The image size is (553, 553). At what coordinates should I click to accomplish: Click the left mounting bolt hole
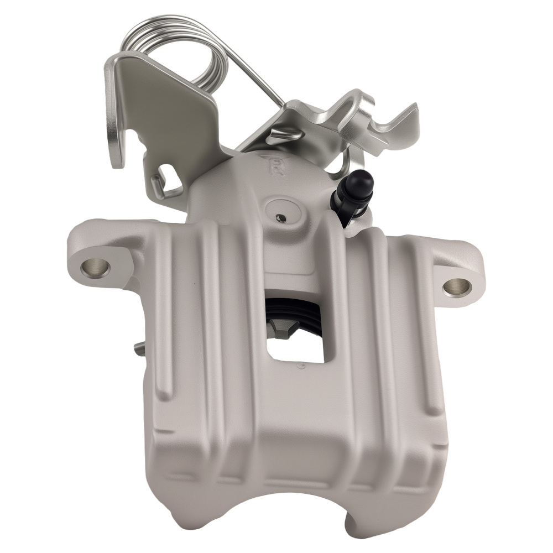pos(95,267)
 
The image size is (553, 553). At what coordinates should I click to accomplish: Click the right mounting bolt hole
pos(457,286)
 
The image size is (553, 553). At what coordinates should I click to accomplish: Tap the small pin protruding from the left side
pos(138,348)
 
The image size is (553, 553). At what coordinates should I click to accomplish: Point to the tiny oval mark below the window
pos(300,366)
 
